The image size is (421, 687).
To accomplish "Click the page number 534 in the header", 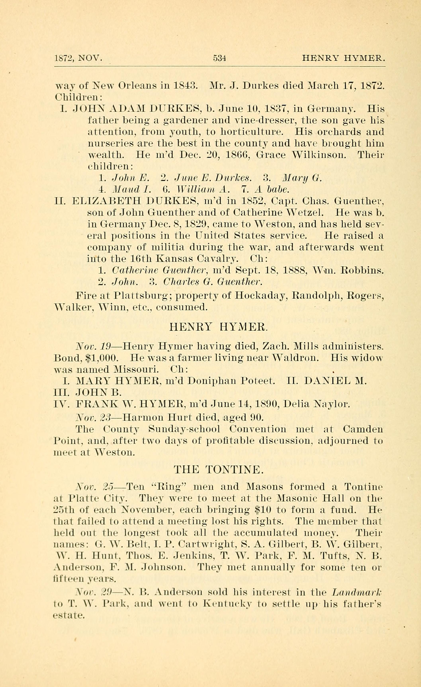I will [x=219, y=58].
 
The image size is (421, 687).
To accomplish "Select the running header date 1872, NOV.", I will [x=79, y=58].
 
